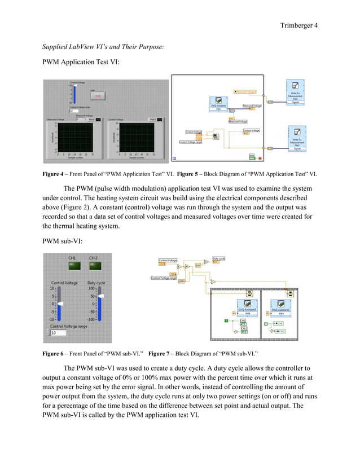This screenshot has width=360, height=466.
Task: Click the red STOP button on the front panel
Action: click(97, 96)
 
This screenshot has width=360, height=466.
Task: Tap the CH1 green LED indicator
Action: click(72, 266)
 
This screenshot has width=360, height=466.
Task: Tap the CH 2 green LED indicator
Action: click(93, 266)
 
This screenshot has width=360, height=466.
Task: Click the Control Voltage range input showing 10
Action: click(58, 333)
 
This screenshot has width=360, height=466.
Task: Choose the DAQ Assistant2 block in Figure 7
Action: click(281, 307)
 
